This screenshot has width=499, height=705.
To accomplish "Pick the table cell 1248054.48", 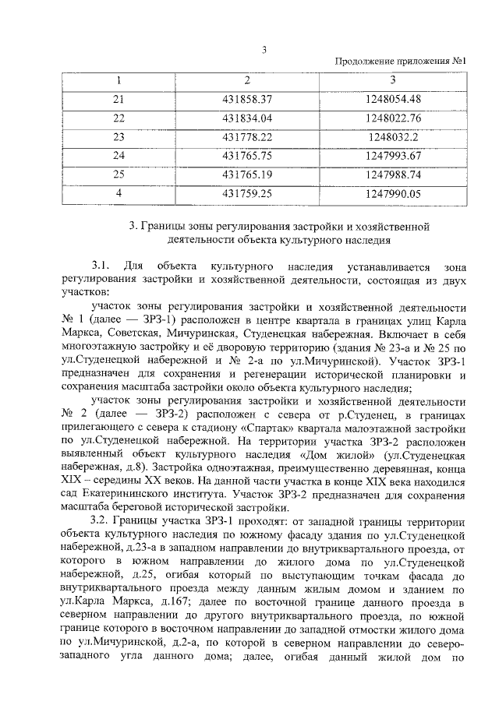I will (392, 99).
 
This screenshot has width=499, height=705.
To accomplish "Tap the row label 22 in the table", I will (119, 118).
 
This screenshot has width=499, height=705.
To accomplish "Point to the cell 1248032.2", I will (392, 136).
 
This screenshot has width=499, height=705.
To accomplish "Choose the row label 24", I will (119, 155).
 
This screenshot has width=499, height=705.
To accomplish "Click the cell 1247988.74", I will (392, 174).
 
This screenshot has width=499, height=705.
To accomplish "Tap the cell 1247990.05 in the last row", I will (392, 192).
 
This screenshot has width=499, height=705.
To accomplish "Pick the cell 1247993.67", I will (392, 155).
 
